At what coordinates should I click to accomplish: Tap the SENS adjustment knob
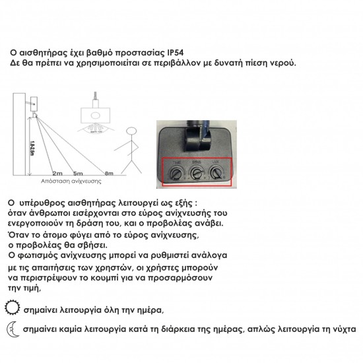click(195, 174)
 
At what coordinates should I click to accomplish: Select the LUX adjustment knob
click(216, 174)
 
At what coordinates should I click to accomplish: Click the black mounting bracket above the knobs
click(196, 136)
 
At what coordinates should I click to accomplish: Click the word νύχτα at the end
click(343, 328)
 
